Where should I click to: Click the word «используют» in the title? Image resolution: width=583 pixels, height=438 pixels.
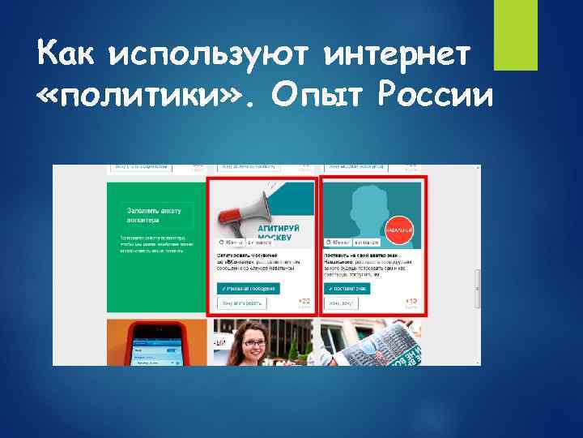(211, 54)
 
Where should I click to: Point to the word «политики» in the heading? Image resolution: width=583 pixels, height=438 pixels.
(145, 98)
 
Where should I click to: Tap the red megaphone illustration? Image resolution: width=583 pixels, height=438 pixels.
(240, 211)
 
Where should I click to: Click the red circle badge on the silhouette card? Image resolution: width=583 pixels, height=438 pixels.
(398, 230)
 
